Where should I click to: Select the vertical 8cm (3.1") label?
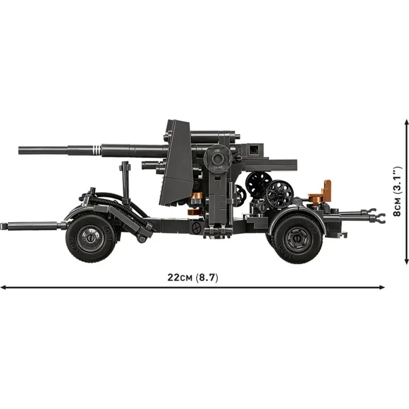tap(398, 190)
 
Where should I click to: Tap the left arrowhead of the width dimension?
tap(3, 287)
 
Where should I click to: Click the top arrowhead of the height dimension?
tap(406, 122)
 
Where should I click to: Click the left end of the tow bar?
tap(4, 226)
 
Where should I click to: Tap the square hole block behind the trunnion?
tap(254, 150)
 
